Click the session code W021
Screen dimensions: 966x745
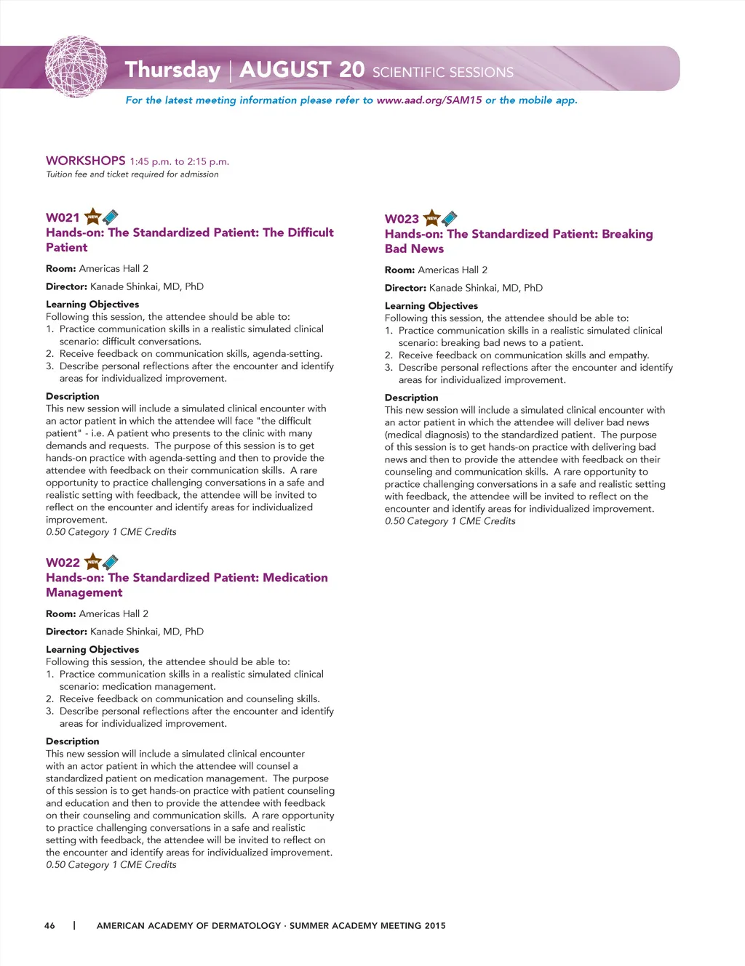(63, 217)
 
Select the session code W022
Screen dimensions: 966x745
(63, 563)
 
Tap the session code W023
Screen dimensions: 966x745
(402, 219)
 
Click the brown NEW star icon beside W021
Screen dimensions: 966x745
(93, 217)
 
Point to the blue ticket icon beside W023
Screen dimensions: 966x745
(450, 218)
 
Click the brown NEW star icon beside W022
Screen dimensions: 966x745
(93, 562)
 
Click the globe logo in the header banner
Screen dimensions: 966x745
(76, 68)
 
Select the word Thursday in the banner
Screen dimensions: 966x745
(172, 70)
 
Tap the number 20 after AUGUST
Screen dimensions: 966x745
(351, 69)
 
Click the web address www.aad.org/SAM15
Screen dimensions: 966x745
(429, 100)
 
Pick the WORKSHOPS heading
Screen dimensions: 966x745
(86, 161)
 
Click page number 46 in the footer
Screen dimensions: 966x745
(49, 925)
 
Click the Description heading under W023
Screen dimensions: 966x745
(411, 398)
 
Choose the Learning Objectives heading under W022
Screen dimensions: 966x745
(92, 649)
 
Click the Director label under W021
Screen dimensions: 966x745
(66, 286)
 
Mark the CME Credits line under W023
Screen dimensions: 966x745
(450, 521)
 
